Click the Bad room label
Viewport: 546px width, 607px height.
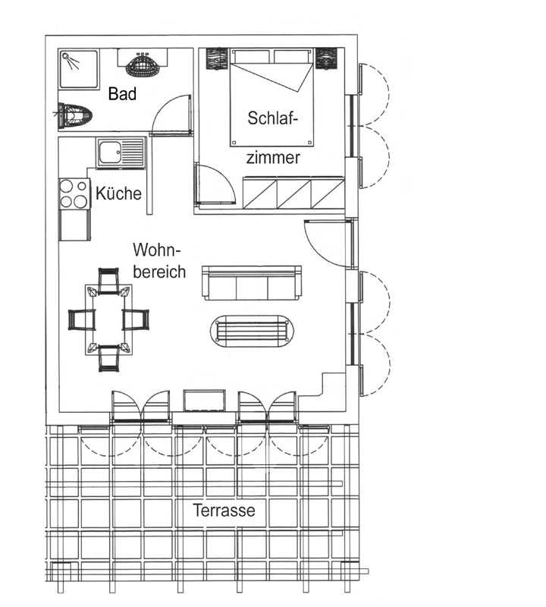[x=122, y=93]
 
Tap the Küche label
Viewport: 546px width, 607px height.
[x=118, y=193]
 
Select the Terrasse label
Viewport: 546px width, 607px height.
[x=224, y=510]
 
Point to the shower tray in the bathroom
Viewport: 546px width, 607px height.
[x=79, y=69]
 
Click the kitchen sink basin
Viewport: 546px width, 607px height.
[x=109, y=153]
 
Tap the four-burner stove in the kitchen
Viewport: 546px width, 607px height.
[x=74, y=193]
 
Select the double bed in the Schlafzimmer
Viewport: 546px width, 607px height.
[x=271, y=97]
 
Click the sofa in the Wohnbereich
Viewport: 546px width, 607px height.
[x=252, y=282]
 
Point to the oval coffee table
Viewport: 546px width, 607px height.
[x=252, y=331]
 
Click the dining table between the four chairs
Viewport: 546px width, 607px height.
[x=108, y=319]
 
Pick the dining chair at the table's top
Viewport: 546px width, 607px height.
[x=108, y=280]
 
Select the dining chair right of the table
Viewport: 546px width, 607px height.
[x=136, y=319]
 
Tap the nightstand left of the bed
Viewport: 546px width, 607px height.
[x=216, y=59]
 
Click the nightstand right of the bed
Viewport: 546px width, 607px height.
[x=327, y=58]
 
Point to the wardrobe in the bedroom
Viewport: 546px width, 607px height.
[x=293, y=193]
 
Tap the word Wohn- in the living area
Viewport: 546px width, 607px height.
[x=157, y=250]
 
